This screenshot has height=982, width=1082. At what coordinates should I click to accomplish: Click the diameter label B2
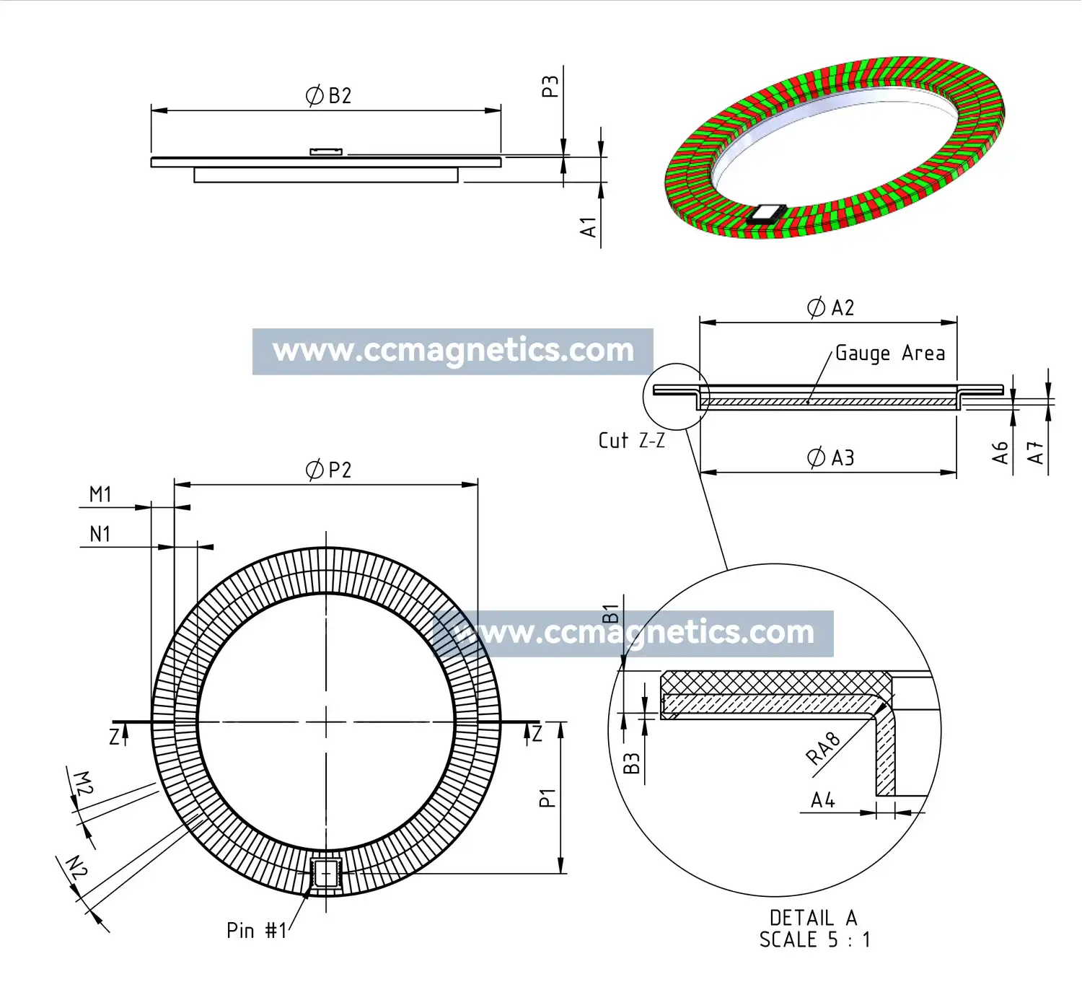(x=329, y=96)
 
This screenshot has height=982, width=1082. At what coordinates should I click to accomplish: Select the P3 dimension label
(x=550, y=87)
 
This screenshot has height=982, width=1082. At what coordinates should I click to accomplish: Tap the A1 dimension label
(x=589, y=227)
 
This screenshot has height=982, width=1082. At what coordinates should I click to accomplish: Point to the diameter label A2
(x=830, y=308)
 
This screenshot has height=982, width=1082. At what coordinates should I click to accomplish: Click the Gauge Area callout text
(x=889, y=354)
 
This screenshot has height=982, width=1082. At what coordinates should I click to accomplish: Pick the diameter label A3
(x=830, y=458)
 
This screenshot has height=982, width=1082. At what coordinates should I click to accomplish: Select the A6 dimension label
(x=1000, y=453)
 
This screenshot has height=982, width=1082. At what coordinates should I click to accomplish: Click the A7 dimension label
(x=1036, y=453)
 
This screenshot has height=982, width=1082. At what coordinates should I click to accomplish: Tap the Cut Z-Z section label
(x=631, y=441)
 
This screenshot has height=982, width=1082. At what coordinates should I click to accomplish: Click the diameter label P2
(x=329, y=470)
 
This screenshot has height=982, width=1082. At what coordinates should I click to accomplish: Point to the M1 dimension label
(x=100, y=495)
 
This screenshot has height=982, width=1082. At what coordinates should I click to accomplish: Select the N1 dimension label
(x=100, y=535)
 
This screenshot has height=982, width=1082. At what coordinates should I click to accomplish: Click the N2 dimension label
(x=76, y=867)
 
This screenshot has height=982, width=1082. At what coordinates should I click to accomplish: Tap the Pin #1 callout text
(x=257, y=931)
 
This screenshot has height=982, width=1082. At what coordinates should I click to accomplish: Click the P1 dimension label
(x=547, y=798)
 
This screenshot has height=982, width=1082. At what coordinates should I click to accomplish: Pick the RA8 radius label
(x=823, y=749)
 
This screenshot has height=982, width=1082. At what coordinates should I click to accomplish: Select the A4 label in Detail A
(x=823, y=800)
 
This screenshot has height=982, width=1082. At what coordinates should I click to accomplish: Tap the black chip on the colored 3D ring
(x=765, y=214)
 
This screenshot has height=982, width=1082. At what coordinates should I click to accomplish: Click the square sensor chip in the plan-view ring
(x=326, y=873)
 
